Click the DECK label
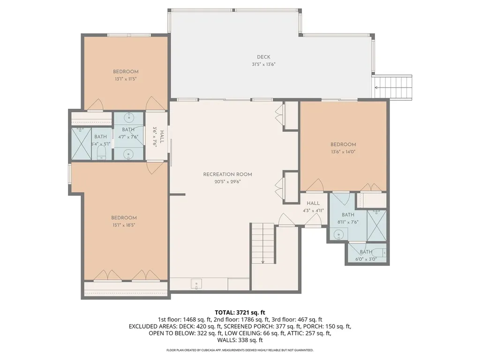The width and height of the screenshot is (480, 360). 263,57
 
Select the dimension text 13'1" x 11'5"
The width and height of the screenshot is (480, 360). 126,79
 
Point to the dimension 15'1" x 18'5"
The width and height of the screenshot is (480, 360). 124,225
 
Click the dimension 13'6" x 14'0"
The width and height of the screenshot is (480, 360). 343,151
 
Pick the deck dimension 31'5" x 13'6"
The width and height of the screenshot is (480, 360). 263,64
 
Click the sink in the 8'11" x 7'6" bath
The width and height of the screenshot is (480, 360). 338,234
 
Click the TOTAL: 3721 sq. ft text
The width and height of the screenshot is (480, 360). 240,312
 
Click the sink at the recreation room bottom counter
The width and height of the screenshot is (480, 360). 196,284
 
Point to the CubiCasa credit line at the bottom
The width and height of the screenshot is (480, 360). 240,350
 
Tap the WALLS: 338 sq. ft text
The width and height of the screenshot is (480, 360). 240,340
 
